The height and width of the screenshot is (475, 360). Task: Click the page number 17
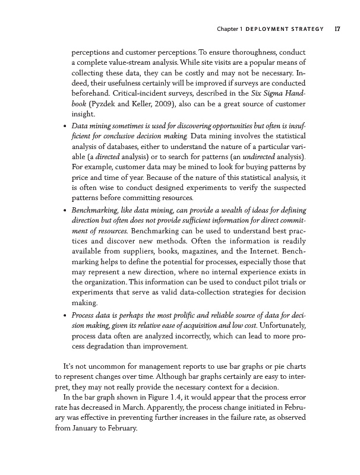337,28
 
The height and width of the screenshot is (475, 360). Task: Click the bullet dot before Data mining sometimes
64,126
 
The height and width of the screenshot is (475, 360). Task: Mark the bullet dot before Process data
64,314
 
